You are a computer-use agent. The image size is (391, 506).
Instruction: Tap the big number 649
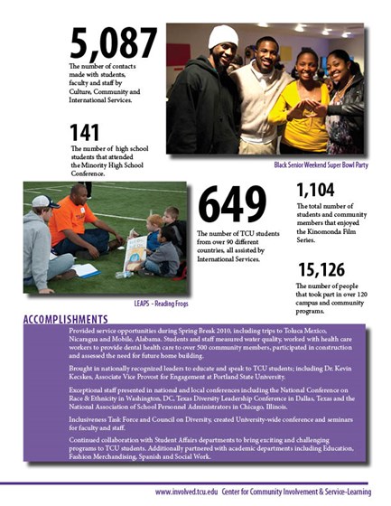coord(232,205)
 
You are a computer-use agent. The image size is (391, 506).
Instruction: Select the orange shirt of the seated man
coord(72,221)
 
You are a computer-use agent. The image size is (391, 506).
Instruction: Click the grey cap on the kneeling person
coord(42,201)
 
